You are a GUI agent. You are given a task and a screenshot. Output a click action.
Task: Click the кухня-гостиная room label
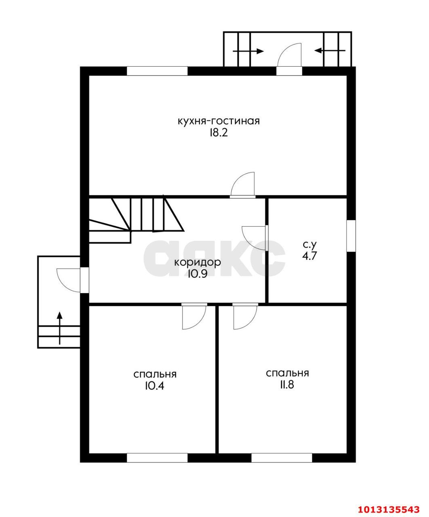click(219, 122)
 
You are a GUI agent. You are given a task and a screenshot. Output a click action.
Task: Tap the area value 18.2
click(219, 133)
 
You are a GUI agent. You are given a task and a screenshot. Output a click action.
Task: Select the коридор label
click(198, 263)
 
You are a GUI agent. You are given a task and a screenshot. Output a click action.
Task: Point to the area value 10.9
click(198, 274)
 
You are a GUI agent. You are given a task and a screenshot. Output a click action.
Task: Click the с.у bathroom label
click(309, 245)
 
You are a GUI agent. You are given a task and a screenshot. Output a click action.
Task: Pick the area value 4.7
click(309, 256)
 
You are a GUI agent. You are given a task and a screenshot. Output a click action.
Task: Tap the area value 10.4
click(155, 386)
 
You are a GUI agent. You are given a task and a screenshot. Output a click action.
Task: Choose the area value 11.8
click(287, 385)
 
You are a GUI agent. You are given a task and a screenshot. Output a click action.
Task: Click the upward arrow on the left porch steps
click(59, 328)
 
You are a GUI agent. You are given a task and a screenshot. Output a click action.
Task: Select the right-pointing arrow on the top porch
click(248, 52)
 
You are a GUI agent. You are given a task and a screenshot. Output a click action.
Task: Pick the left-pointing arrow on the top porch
click(330, 51)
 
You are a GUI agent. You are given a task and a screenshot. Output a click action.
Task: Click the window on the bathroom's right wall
click(351, 236)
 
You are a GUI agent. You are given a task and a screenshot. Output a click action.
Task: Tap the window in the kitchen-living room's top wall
click(157, 71)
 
